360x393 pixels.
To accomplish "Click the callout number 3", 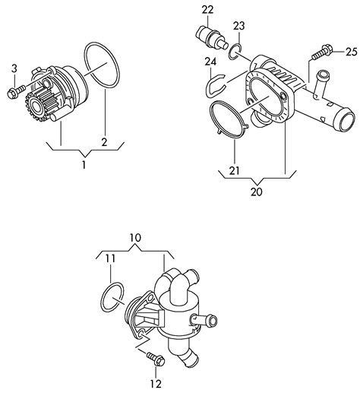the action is pos(14,68).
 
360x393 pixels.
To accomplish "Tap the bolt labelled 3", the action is pos(16,91).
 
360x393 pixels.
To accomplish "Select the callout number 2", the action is pos(104,142).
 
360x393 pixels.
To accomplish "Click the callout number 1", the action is pos(84,164).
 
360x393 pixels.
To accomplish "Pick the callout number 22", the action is pos(207,10).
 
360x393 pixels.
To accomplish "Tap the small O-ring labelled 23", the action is pos(235,52).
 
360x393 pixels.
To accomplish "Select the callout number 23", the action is pos(239,26).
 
